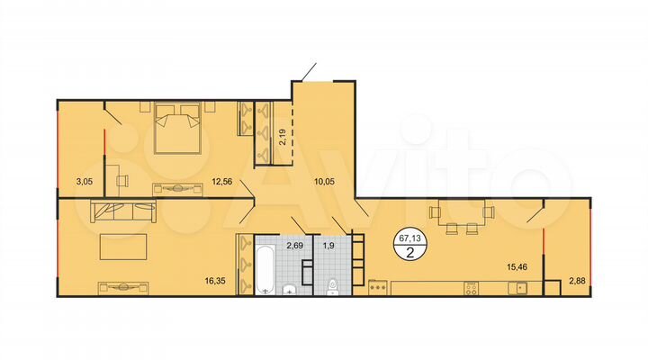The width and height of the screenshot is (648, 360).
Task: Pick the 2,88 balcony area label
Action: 576,282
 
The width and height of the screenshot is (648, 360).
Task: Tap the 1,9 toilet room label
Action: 328,245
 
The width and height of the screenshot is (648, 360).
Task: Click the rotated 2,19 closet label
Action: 282,138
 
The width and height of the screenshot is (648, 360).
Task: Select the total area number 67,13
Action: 410,238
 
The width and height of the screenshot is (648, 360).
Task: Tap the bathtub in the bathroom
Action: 265,270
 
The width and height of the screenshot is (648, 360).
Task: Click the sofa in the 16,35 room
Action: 124,213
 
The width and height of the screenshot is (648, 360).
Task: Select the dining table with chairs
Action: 461,216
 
